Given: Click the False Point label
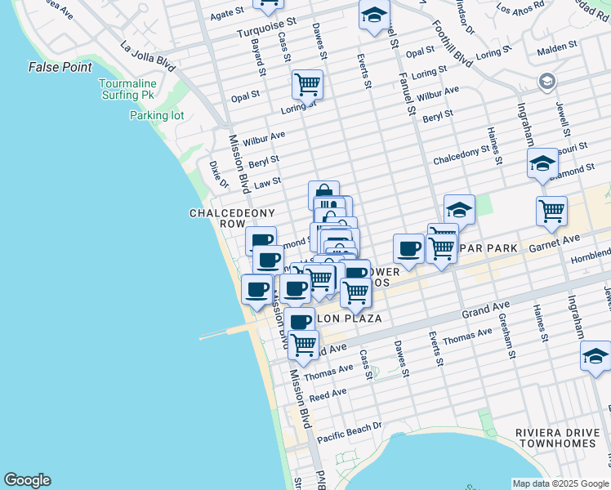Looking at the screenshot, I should (x=60, y=67).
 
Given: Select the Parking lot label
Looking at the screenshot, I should (x=157, y=115).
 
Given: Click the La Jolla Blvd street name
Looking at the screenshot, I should (x=148, y=55).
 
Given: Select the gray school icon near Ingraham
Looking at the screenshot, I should (x=546, y=82).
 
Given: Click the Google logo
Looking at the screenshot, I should (x=28, y=480).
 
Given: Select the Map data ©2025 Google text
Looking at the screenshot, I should (x=560, y=483).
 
